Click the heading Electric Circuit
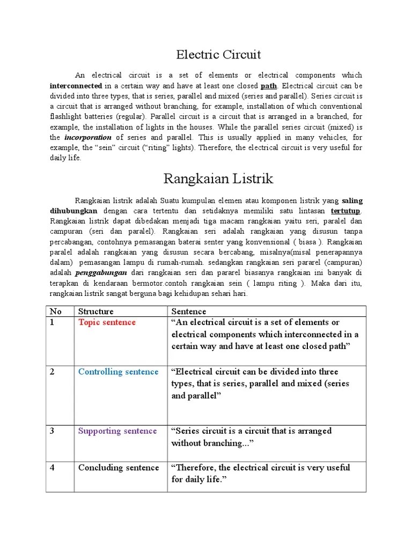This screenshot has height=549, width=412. (x=218, y=54)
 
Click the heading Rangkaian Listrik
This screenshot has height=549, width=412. (x=218, y=179)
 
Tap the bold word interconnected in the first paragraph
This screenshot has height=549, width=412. (x=76, y=86)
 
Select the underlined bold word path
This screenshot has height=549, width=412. (x=269, y=86)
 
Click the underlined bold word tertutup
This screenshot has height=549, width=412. (x=347, y=211)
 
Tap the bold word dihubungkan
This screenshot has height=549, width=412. (x=74, y=211)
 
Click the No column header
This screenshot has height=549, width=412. (x=55, y=311)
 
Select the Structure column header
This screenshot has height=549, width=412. (x=96, y=311)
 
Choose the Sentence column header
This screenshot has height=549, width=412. (x=188, y=311)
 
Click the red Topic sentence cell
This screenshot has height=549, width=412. (x=107, y=322)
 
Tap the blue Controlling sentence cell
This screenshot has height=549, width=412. (x=118, y=372)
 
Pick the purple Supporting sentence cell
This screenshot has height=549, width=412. (x=117, y=431)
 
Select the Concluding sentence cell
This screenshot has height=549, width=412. (x=119, y=468)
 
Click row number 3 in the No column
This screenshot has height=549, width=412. (x=52, y=431)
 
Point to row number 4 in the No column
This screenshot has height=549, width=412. (x=53, y=468)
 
